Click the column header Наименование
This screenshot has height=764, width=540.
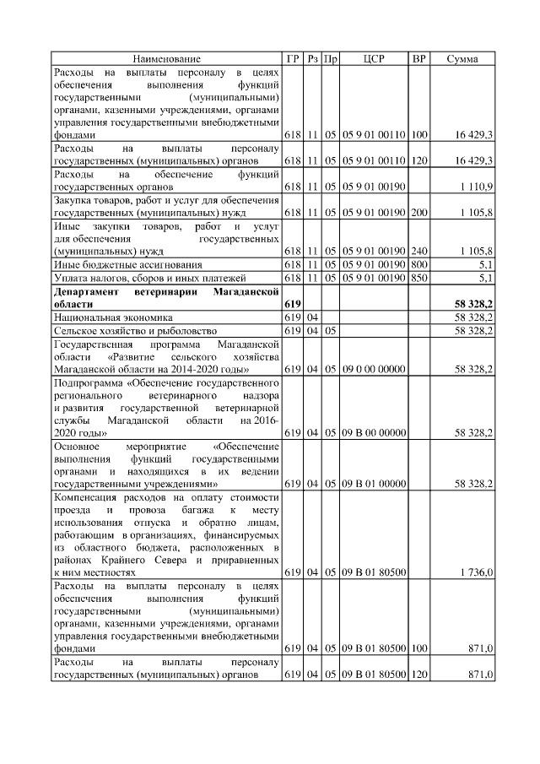click(x=166, y=59)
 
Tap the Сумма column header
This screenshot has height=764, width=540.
click(x=462, y=59)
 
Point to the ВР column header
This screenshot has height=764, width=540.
click(x=419, y=59)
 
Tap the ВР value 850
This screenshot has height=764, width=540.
click(x=419, y=277)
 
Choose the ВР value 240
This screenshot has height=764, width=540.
click(x=419, y=251)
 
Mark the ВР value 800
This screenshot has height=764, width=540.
click(x=419, y=264)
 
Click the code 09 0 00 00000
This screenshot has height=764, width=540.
click(x=374, y=369)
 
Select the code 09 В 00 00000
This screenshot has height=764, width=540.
click(x=374, y=433)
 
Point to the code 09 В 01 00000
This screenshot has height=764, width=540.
click(x=374, y=485)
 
